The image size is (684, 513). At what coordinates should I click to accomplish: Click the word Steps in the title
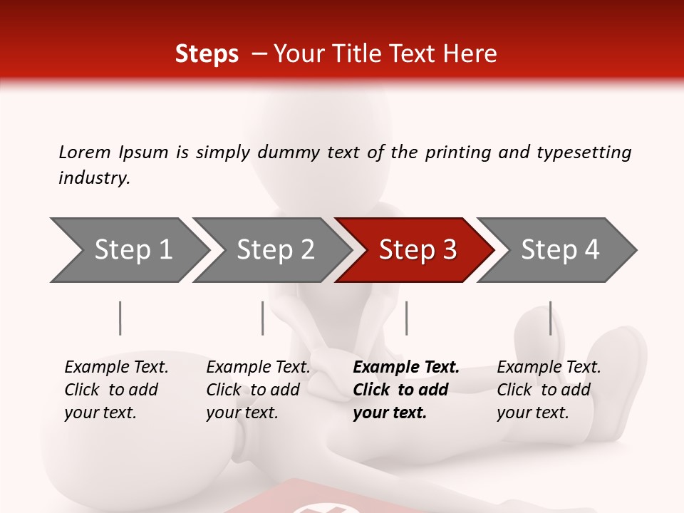(207, 54)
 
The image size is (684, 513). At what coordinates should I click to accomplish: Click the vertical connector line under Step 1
(120, 318)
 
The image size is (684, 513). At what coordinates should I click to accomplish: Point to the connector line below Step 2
(263, 318)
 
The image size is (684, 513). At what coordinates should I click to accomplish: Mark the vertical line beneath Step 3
(406, 318)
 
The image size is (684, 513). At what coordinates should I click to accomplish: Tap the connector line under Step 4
(550, 318)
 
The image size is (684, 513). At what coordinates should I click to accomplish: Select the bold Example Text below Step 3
(406, 390)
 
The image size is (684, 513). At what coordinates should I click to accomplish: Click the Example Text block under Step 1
(116, 390)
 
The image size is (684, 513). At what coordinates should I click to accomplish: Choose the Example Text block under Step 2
(258, 390)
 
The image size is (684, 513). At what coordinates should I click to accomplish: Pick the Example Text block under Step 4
(549, 390)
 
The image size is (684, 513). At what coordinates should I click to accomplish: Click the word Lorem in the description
(85, 152)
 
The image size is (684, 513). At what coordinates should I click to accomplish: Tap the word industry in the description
(94, 178)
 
